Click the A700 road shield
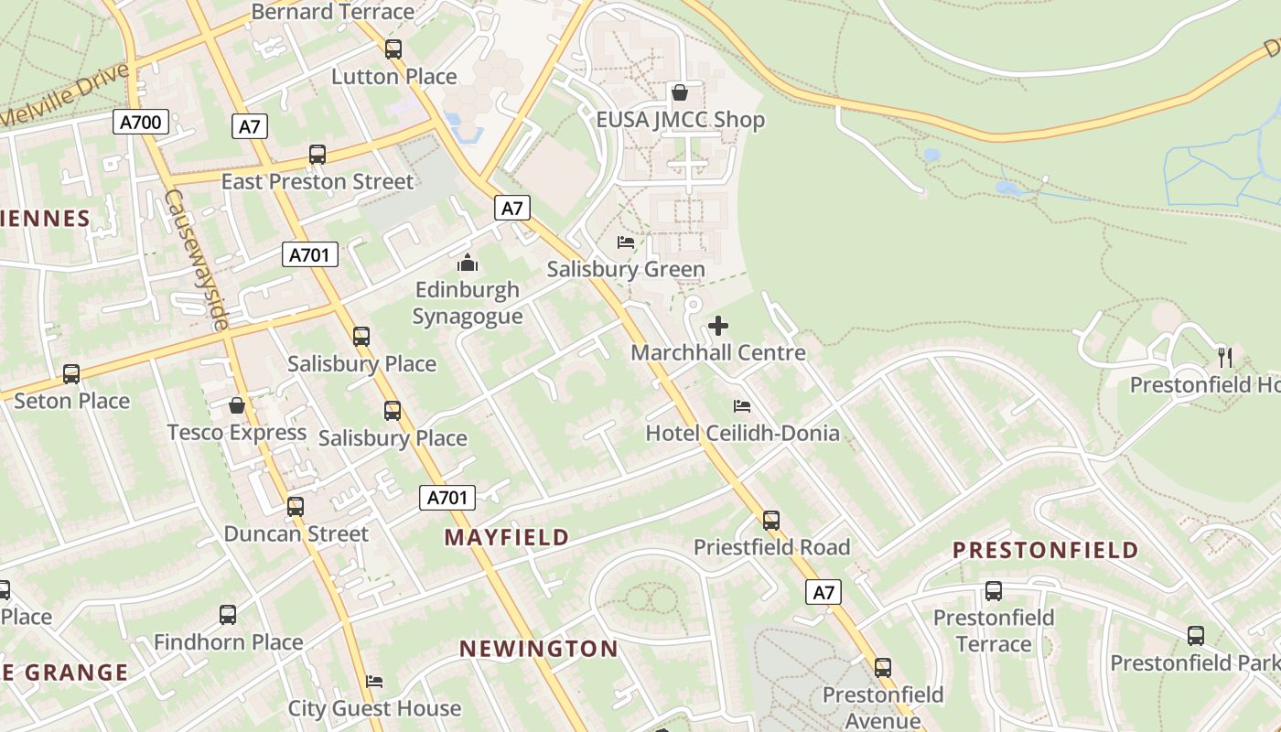141,121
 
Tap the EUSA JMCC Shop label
680,120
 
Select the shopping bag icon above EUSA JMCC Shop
680,92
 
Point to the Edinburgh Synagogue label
468,303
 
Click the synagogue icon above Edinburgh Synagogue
468,264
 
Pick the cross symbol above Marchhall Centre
718,325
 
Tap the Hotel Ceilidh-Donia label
742,433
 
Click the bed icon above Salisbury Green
626,242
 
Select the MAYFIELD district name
507,537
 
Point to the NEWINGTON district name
538,649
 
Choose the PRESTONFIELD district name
1045,550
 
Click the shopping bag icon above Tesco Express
237,404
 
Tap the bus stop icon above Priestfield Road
771,521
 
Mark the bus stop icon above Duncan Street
295,506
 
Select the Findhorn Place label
228,642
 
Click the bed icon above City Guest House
374,682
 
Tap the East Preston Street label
318,181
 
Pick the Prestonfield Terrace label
994,630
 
